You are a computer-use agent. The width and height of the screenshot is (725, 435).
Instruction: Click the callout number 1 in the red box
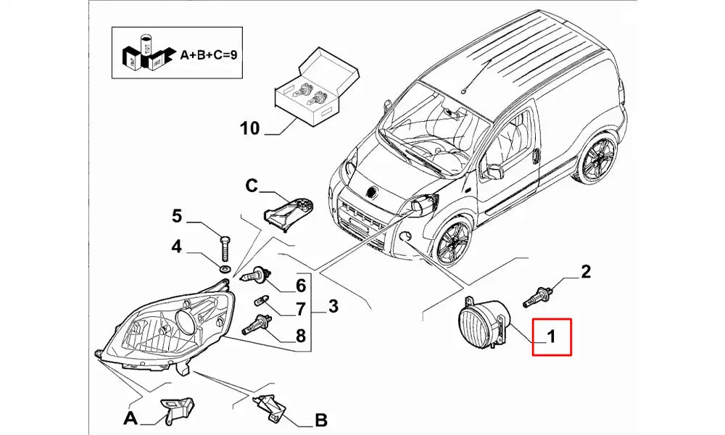551,336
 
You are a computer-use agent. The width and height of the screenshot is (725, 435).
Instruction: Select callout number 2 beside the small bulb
586,272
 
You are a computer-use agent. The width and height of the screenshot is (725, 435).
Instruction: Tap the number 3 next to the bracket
333,306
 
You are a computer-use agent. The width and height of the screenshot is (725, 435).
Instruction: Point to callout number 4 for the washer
177,246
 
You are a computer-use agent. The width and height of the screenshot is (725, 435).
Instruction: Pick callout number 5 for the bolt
177,216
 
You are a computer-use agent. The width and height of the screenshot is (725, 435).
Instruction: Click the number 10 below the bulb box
250,128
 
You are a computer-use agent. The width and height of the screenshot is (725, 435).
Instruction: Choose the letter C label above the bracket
251,186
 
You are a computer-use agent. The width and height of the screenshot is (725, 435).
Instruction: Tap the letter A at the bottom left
130,418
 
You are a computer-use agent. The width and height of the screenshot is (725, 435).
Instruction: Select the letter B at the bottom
321,420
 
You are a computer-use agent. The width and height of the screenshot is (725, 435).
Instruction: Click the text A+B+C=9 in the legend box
209,55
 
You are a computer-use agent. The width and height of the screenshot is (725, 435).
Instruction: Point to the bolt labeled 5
225,249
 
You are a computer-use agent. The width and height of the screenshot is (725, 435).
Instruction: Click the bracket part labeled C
289,212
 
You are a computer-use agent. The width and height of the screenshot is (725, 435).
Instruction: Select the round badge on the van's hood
370,191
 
